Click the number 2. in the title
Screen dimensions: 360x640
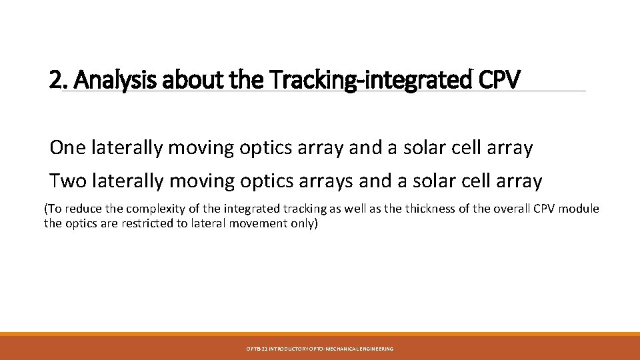(59, 80)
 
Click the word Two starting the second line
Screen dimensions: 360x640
(66, 181)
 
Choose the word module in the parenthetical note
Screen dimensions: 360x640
(579, 209)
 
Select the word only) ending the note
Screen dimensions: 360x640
(303, 223)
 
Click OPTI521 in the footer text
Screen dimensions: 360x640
(255, 349)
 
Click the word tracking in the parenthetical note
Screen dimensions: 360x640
(299, 209)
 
